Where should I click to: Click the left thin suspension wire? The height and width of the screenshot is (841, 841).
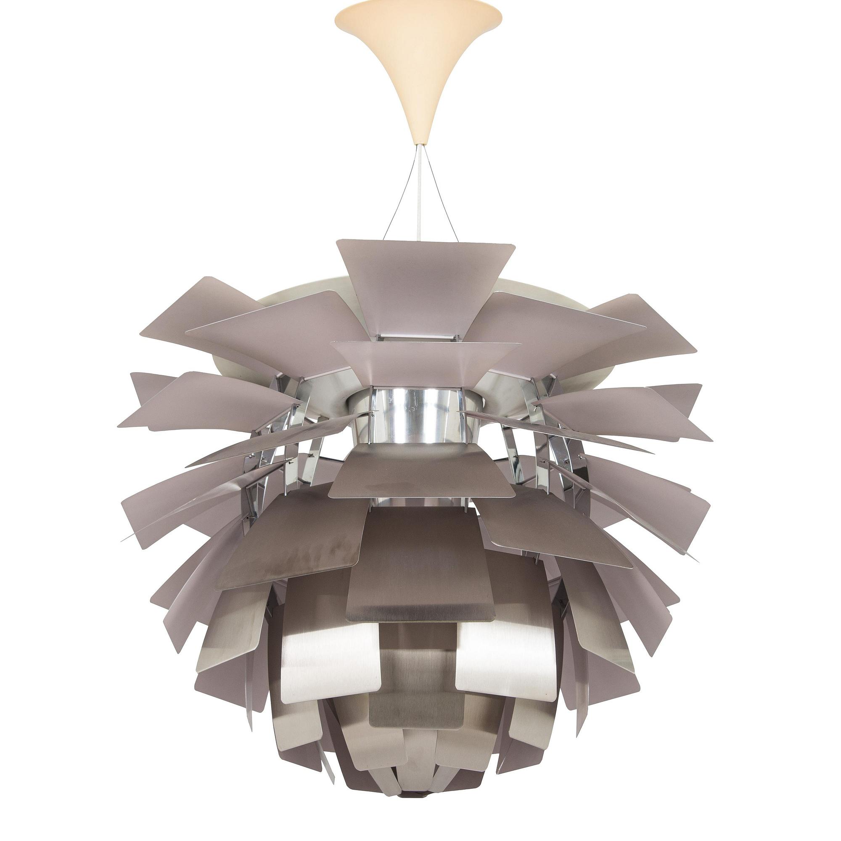(x=400, y=196)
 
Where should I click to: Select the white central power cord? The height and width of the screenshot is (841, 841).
(x=419, y=196)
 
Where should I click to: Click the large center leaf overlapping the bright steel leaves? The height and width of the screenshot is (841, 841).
(x=420, y=561)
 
